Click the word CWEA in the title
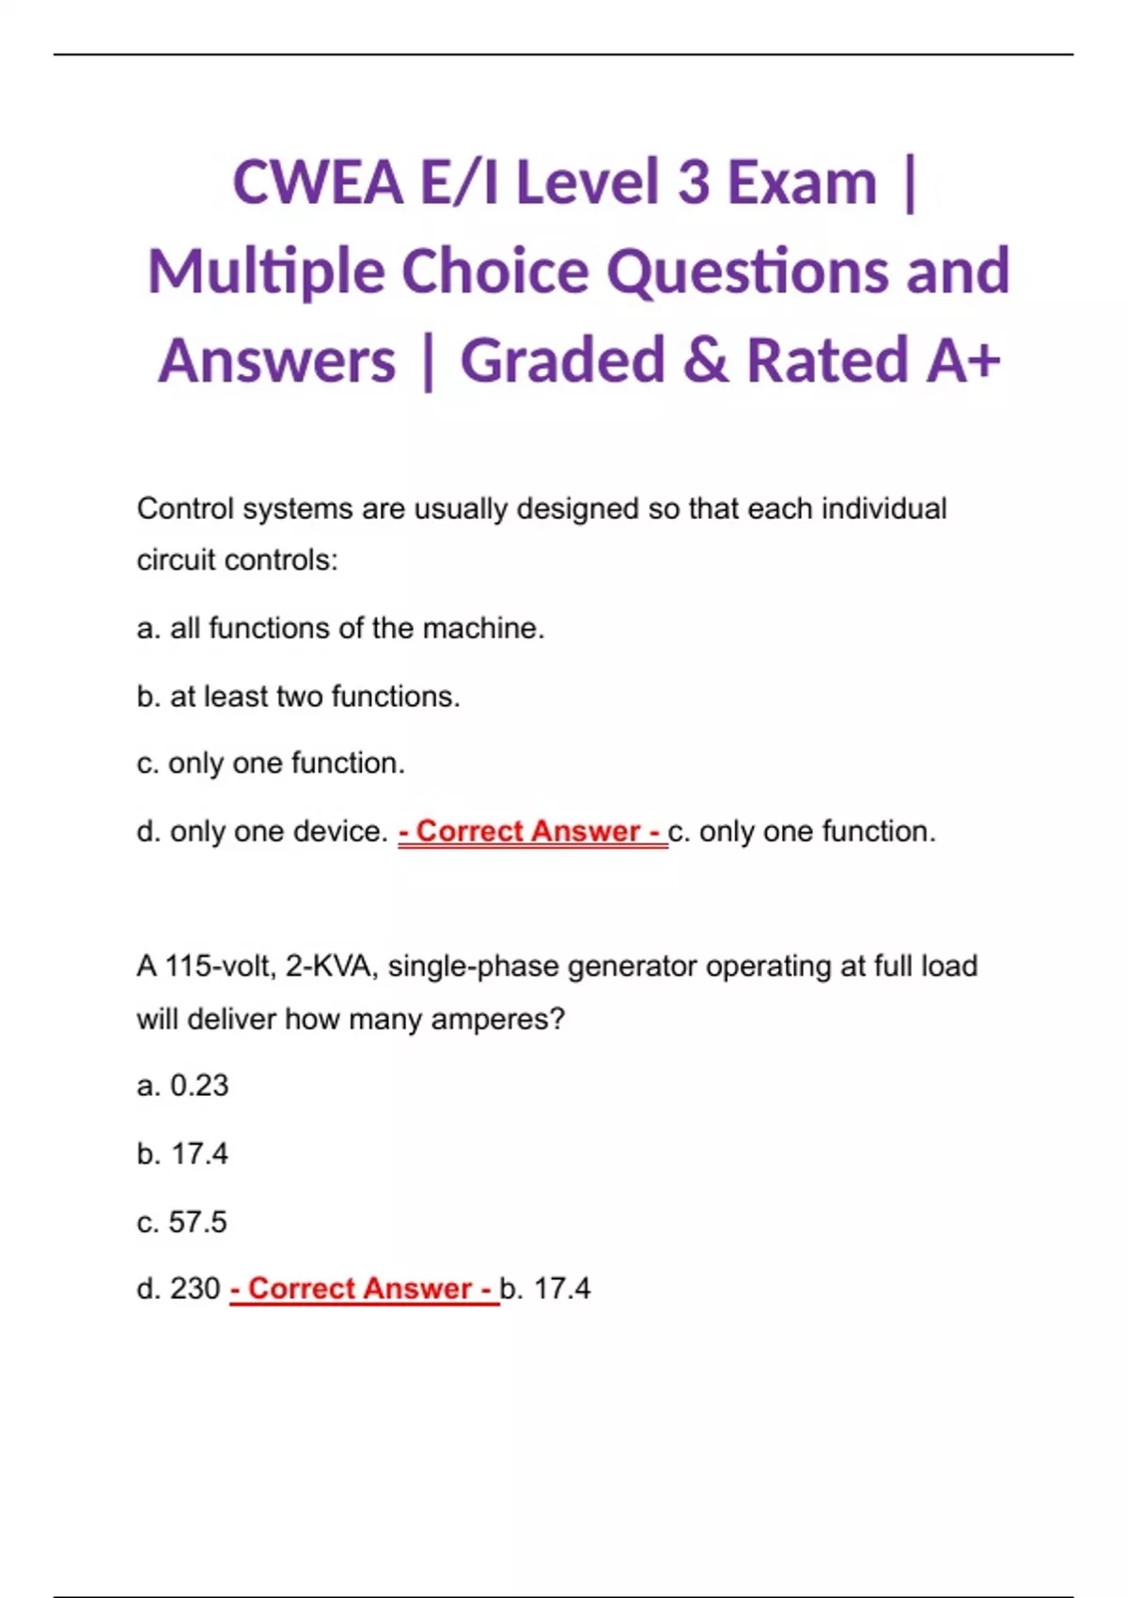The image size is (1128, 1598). coord(318,182)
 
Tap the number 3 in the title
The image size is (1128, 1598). coord(693,182)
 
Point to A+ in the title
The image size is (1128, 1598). coord(963,361)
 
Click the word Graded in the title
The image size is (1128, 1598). coord(562,361)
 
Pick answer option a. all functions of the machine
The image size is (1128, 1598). coord(340,628)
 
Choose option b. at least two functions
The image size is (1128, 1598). coord(298,697)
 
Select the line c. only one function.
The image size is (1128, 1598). coord(271,763)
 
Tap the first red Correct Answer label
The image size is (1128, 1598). coord(532,832)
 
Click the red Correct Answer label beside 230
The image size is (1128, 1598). coord(364,1289)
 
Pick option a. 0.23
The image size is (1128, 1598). coord(182,1086)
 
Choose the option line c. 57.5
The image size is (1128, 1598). coord(181,1222)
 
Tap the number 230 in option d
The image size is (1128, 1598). coord(196,1289)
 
